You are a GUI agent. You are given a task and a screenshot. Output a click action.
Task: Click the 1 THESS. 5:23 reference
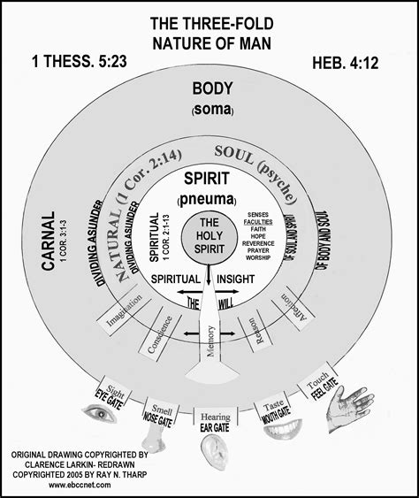(x=53, y=63)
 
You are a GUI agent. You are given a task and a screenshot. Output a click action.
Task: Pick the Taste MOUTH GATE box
(x=274, y=402)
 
